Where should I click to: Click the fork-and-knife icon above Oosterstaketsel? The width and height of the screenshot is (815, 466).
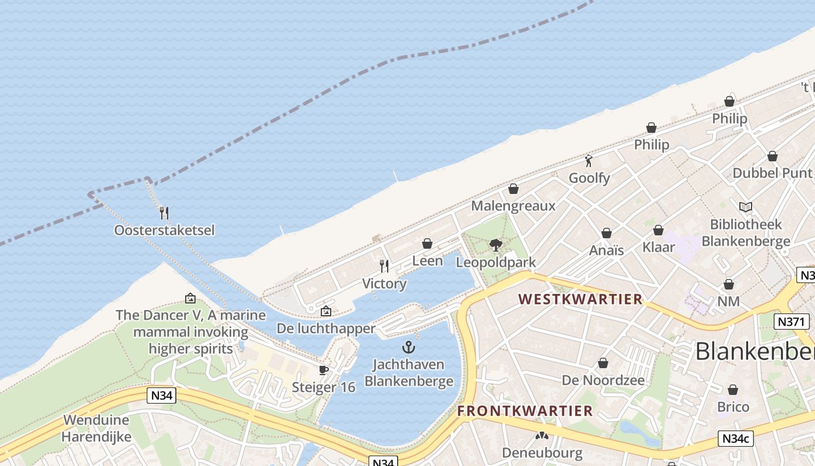click(164, 213)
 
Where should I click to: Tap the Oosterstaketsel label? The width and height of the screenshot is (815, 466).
click(164, 230)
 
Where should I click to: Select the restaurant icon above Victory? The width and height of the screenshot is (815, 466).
click(384, 266)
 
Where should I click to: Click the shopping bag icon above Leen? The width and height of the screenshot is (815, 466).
click(427, 243)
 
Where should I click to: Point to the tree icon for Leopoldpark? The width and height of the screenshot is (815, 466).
click(495, 245)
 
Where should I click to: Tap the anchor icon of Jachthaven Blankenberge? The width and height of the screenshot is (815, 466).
click(409, 348)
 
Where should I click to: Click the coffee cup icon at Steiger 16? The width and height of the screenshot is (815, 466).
click(324, 370)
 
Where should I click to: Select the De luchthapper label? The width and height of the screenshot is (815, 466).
click(326, 329)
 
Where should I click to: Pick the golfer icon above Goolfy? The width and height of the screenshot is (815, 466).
click(589, 161)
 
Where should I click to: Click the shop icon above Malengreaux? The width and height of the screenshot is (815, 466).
click(513, 189)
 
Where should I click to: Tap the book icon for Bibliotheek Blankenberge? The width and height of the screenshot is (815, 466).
click(745, 207)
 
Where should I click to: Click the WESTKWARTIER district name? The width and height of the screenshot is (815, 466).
click(580, 299)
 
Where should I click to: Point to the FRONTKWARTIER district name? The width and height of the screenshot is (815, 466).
click(525, 411)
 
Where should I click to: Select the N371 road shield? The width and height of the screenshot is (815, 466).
click(791, 321)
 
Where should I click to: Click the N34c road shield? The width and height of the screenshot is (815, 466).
click(735, 439)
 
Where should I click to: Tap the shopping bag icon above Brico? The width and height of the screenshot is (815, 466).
click(733, 390)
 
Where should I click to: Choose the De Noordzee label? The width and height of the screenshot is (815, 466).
click(603, 380)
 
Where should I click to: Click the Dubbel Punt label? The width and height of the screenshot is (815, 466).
click(772, 173)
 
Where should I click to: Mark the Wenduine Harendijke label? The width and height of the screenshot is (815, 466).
click(97, 428)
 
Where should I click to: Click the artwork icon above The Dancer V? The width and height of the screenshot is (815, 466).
click(190, 298)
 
